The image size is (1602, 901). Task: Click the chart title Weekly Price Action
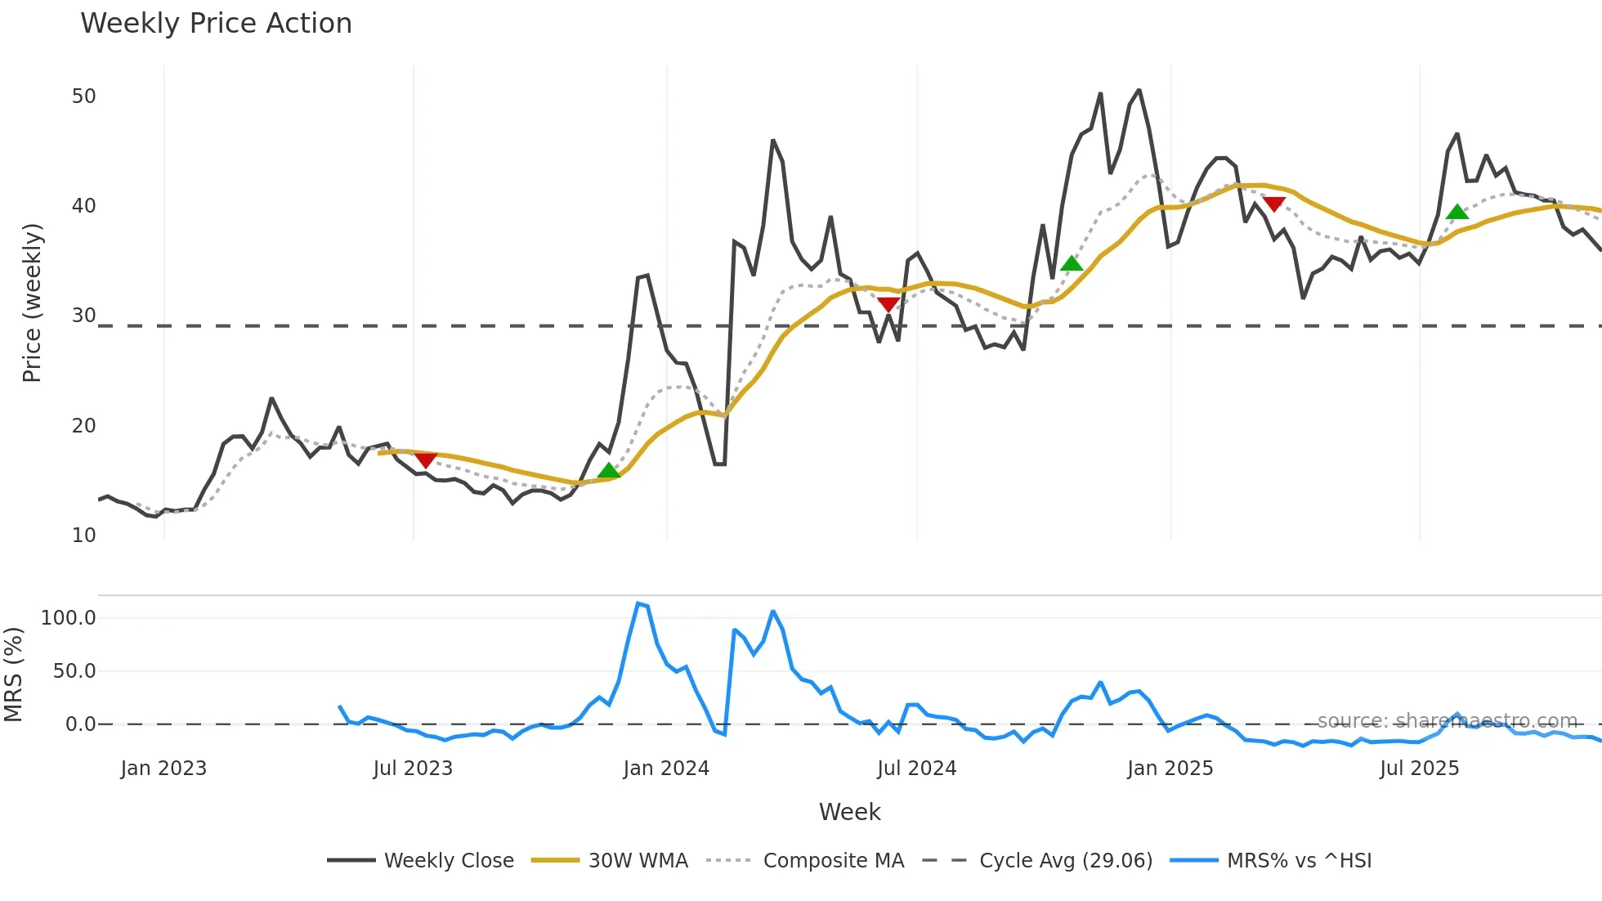point(216,24)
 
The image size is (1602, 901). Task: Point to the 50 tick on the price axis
point(83,96)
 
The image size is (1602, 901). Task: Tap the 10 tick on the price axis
point(83,536)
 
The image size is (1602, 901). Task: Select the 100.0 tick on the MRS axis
point(69,618)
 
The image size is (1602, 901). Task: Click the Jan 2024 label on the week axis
point(666,769)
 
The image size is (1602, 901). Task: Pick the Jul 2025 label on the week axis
point(1419,769)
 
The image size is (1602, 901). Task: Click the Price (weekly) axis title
point(31,303)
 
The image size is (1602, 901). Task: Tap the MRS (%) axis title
point(13,675)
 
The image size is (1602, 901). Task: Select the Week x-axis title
point(849,812)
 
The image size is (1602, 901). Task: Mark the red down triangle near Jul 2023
point(426,460)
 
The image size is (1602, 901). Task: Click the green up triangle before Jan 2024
point(608,470)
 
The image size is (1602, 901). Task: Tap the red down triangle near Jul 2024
point(888,305)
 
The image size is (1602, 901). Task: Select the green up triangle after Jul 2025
point(1457,212)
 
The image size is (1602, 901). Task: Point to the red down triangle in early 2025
point(1273,204)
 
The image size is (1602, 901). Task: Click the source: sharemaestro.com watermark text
point(1447,721)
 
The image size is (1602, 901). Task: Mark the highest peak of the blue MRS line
point(638,603)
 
